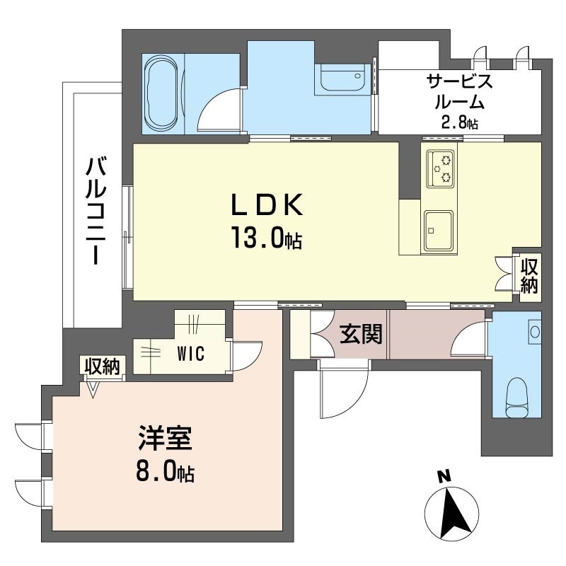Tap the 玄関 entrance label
point(361,334)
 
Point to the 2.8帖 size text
point(459,122)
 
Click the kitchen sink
point(439,231)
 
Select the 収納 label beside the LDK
point(529,276)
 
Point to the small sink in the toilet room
point(534,331)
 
